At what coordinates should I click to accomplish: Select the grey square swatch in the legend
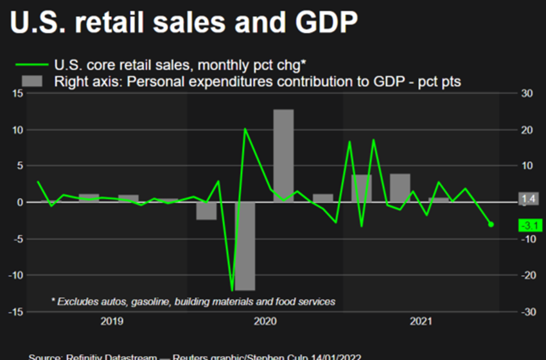tap(32, 81)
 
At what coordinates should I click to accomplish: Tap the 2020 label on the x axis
tap(265, 320)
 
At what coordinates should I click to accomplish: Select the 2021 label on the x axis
tap(421, 320)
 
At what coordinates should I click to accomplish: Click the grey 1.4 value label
tap(529, 199)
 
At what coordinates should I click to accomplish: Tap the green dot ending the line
tap(491, 224)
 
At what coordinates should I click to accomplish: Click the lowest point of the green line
tap(232, 290)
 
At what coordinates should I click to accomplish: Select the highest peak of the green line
tap(245, 129)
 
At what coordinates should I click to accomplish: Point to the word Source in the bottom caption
tap(44, 356)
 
